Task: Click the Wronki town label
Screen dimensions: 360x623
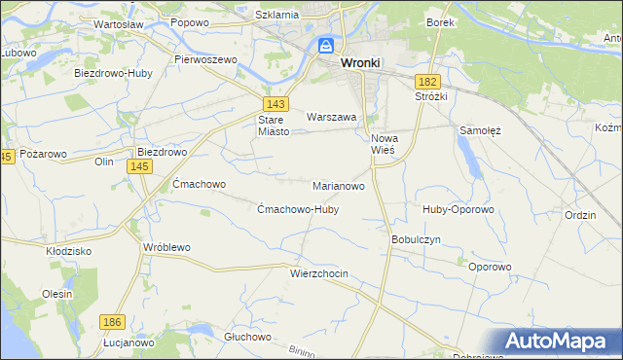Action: point(360,62)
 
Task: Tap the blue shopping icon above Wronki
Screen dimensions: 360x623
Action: point(326,46)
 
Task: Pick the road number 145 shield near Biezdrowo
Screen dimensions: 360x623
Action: point(138,167)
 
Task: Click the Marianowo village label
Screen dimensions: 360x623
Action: point(339,185)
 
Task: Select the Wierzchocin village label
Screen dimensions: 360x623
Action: point(318,274)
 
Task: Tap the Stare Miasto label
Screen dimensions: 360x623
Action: point(273,126)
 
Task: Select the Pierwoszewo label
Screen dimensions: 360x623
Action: point(206,59)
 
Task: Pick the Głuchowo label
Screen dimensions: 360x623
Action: point(246,337)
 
